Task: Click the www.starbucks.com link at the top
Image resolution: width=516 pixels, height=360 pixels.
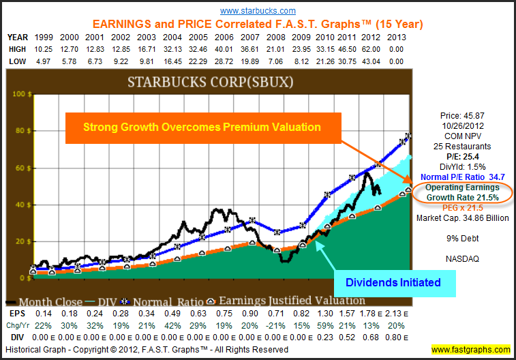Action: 258,10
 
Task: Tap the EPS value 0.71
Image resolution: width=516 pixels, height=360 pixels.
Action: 275,313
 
